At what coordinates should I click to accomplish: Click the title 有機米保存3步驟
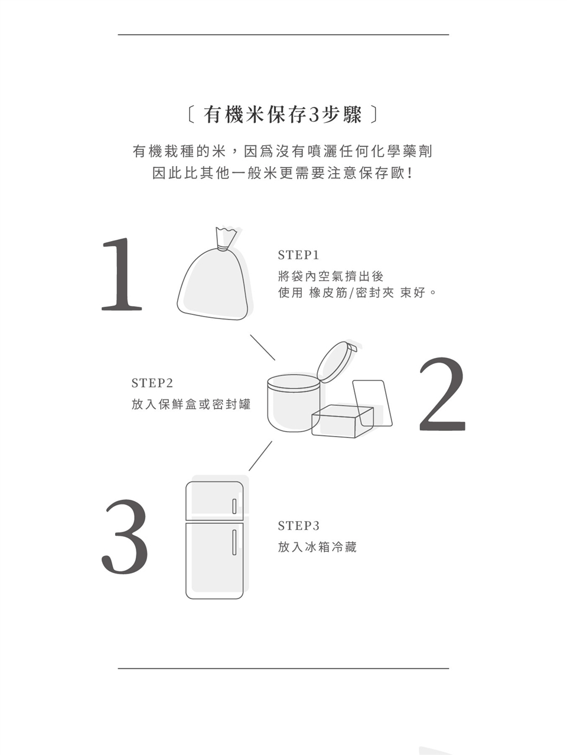coord(283,115)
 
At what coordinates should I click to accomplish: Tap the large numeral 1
coord(122,274)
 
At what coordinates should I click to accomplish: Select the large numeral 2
coord(442,394)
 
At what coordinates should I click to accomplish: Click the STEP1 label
coord(298,255)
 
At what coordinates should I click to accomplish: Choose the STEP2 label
coord(152,383)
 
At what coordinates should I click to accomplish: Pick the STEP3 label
coord(298,526)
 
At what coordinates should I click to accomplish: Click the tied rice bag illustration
coord(213,274)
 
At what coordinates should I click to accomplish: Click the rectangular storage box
coord(343,421)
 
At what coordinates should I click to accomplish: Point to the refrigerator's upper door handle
coord(234,506)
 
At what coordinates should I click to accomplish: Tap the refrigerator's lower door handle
coord(234,542)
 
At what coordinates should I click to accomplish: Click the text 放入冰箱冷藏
coord(317,546)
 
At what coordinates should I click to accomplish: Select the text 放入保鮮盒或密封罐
coord(191,404)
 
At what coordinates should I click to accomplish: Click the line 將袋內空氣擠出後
coord(330,276)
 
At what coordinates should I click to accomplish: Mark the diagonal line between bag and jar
coord(263,347)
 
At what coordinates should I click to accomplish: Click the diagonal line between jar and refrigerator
coord(260,455)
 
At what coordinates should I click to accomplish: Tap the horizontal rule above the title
coord(283,34)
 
